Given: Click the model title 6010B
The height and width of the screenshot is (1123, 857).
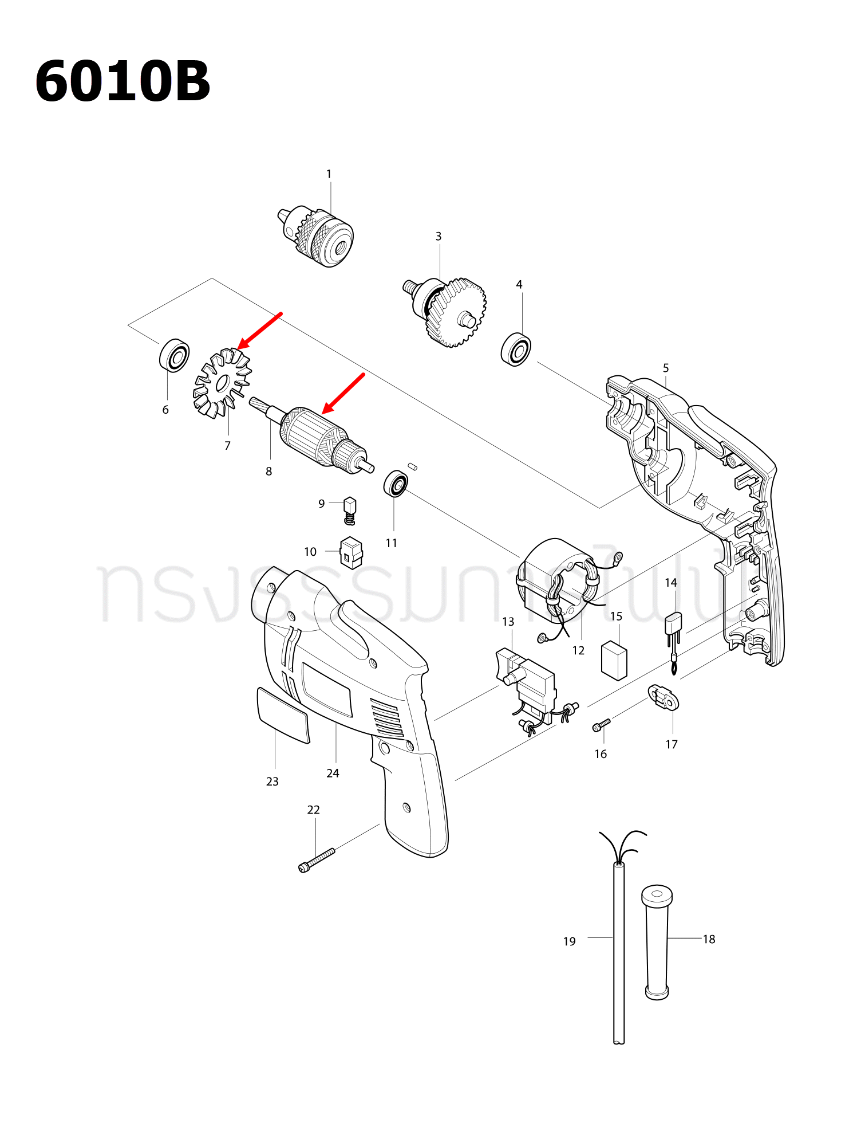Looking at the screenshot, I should pyautogui.click(x=123, y=81).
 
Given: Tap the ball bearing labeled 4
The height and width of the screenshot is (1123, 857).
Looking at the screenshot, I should pyautogui.click(x=516, y=349).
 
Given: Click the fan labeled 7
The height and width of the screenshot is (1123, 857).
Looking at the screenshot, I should pyautogui.click(x=222, y=383).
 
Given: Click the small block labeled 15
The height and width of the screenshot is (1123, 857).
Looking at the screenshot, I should pyautogui.click(x=614, y=659).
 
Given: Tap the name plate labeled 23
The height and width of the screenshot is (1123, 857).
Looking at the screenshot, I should pyautogui.click(x=283, y=714).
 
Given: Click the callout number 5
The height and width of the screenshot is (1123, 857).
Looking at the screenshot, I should pyautogui.click(x=665, y=368).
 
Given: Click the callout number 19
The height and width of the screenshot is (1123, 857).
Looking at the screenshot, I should pyautogui.click(x=569, y=941).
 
